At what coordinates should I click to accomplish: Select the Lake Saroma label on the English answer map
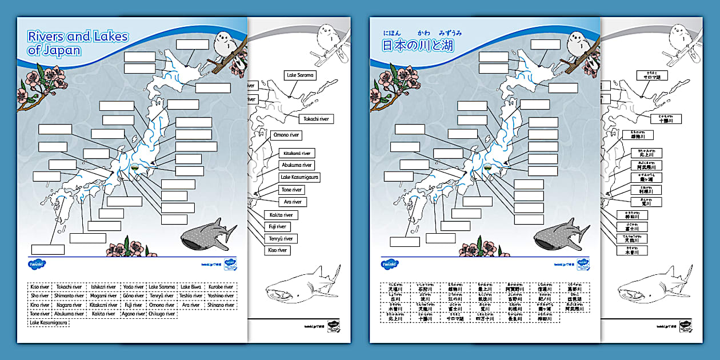point(300,75)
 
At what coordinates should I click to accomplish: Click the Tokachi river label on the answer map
point(316,119)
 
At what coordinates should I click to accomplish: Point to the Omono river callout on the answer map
point(287,135)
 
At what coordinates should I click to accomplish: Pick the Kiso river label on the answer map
point(277,250)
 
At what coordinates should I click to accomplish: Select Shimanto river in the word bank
point(69,296)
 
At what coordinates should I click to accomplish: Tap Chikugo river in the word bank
point(162,314)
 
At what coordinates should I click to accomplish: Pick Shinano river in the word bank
point(221,305)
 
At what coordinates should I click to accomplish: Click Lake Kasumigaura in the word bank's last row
point(48,323)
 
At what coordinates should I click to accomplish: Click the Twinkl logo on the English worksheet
point(37,264)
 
